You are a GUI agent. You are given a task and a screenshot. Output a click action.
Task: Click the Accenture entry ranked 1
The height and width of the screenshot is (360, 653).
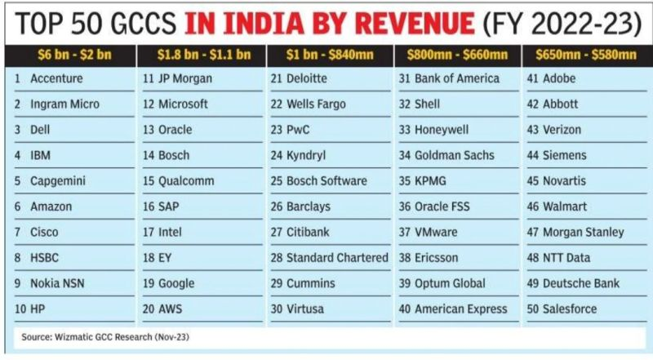58,78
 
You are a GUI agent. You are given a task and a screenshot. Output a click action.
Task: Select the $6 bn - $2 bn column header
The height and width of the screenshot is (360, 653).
71,56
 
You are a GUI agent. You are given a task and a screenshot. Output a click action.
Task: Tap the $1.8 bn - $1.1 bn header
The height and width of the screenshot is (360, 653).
200,56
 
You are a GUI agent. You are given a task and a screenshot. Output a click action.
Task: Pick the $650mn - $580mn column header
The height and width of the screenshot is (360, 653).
585,56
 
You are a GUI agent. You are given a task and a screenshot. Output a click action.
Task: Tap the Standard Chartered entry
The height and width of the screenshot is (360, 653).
336,257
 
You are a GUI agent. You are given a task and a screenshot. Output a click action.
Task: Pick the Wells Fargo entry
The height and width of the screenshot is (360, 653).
315,104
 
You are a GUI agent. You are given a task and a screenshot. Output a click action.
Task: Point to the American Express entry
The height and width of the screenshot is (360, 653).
460,309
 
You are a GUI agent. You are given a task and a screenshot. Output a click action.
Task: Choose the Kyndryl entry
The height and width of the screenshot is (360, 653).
308,155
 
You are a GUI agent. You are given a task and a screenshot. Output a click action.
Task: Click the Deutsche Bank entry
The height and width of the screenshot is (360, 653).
580,283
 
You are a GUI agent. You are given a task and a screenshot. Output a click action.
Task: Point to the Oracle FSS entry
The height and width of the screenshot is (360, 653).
448,207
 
